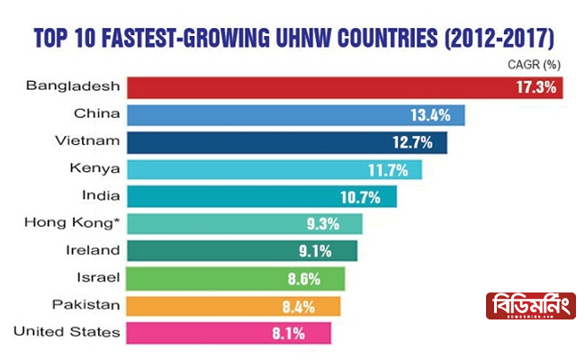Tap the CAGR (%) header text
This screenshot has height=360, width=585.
coord(535,65)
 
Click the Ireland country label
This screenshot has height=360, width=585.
coord(94,249)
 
